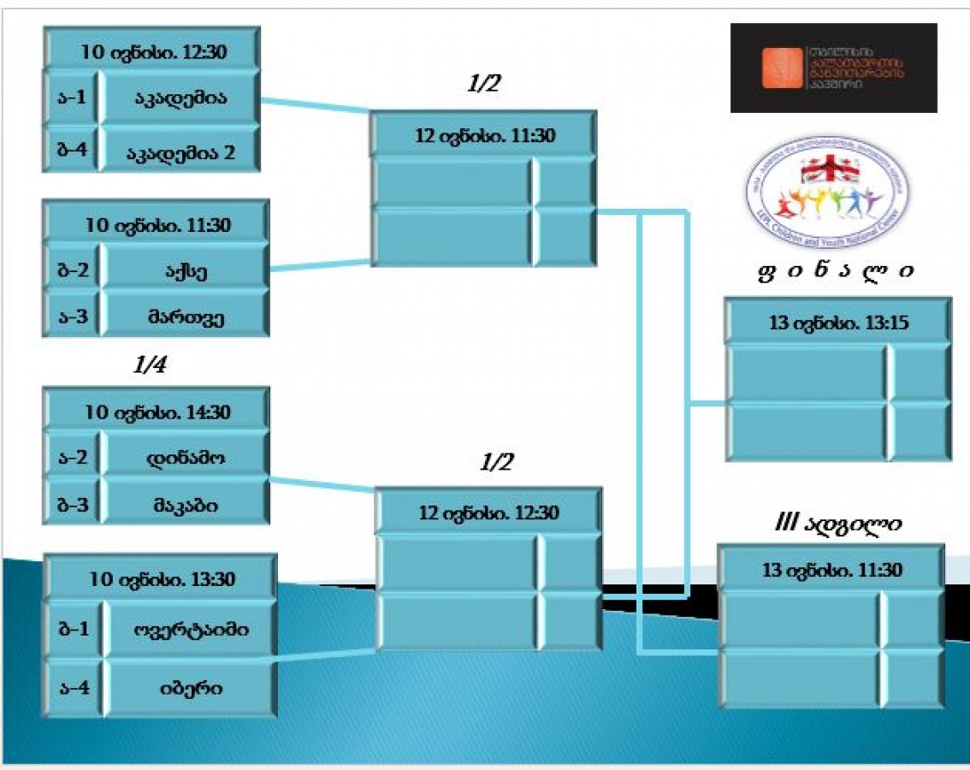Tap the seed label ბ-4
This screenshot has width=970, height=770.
71,152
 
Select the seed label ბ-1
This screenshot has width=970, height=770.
74,630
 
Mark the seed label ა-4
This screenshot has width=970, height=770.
74,687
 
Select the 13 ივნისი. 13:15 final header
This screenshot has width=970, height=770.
837,323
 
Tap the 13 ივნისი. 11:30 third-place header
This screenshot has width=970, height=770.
831,570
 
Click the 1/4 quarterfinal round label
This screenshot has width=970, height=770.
151,366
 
